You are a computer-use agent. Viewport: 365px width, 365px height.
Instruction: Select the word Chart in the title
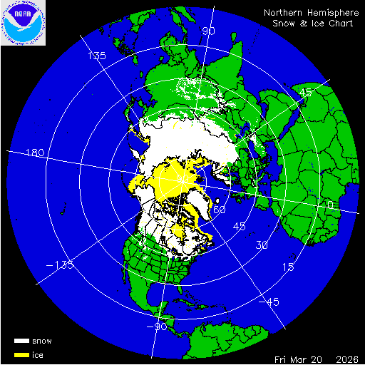(341, 24)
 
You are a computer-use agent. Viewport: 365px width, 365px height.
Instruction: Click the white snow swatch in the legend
(22, 341)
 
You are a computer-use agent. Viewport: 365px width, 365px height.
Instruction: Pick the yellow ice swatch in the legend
(22, 354)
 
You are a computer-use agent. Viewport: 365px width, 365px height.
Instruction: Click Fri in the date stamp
(284, 358)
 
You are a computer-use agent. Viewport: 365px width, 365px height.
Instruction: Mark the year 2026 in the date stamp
(348, 358)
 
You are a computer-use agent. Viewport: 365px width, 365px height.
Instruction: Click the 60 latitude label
(220, 210)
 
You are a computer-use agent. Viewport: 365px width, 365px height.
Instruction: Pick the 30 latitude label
(262, 246)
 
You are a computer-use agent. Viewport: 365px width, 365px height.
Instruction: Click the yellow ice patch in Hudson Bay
(178, 231)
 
